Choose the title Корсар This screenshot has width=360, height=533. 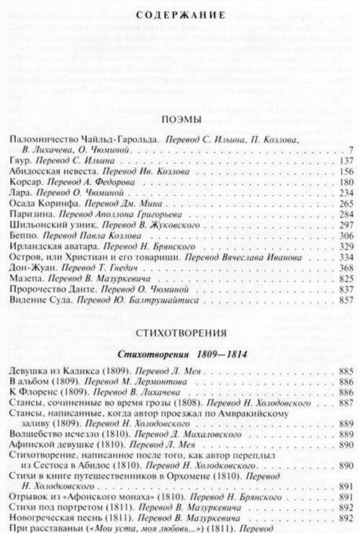pyautogui.click(x=24, y=182)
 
